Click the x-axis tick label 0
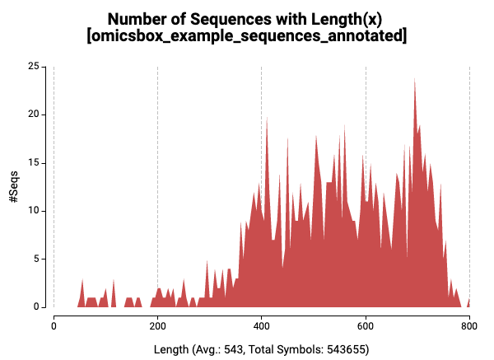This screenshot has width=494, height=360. (x=54, y=325)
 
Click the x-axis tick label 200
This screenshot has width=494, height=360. (x=157, y=325)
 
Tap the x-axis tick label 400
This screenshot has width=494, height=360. (x=261, y=325)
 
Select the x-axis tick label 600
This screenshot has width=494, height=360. (x=366, y=325)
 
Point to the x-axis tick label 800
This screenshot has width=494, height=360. (x=469, y=325)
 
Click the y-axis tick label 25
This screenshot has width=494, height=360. (x=34, y=66)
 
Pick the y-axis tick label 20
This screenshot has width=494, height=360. (x=34, y=114)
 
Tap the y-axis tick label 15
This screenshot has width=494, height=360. (x=34, y=162)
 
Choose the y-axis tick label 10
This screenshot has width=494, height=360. (x=34, y=210)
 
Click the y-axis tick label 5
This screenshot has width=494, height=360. (x=36, y=259)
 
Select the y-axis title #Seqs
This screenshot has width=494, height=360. (x=14, y=186)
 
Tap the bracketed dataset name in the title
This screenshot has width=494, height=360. (x=246, y=37)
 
